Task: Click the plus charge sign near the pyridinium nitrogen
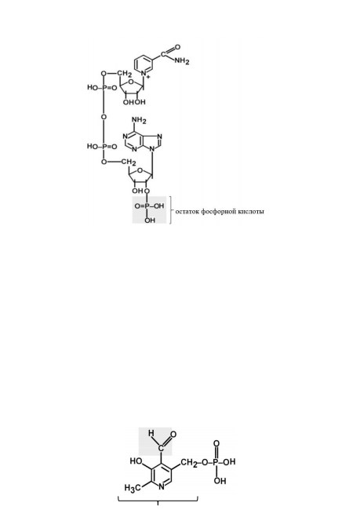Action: coord(148,77)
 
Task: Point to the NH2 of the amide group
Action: coord(181,61)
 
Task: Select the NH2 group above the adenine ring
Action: coord(139,120)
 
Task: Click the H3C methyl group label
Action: coord(133,488)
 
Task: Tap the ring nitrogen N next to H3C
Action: coord(162,487)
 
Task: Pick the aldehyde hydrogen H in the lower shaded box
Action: coord(151,433)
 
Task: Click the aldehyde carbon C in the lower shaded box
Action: coord(161,449)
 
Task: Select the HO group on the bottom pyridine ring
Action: coord(135,461)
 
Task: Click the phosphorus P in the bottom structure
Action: coord(216,462)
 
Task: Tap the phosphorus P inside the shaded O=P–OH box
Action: coord(147,206)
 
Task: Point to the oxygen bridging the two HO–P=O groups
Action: coord(104,117)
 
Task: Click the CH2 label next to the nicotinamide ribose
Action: coord(125,74)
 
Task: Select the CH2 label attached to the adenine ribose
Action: coord(129,162)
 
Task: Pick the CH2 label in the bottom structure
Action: coord(188,463)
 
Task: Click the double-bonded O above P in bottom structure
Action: coord(216,443)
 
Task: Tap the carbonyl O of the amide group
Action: coord(177,47)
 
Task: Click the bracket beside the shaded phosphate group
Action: coord(171,209)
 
